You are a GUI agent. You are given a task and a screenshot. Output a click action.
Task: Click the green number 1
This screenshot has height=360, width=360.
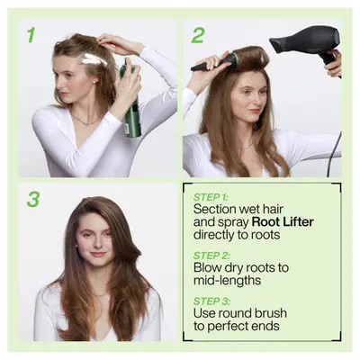(x=31, y=35)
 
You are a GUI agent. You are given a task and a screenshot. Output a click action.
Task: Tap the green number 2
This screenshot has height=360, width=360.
(x=197, y=35)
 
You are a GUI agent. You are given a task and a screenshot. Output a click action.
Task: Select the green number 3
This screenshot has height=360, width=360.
(x=33, y=200)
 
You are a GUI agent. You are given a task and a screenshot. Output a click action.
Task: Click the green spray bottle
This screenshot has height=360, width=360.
(x=131, y=101)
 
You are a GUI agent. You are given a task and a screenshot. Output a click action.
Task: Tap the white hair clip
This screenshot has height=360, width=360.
(x=94, y=59)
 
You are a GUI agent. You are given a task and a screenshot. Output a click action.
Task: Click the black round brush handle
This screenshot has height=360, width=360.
(x=207, y=64)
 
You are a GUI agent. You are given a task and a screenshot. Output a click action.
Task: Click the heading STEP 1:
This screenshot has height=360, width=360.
(x=211, y=197)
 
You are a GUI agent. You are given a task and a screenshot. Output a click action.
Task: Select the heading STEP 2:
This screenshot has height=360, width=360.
(x=211, y=256)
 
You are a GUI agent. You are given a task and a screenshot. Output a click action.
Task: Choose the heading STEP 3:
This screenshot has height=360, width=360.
(x=211, y=301)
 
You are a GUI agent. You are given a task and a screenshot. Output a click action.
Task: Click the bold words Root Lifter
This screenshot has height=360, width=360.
(x=283, y=222)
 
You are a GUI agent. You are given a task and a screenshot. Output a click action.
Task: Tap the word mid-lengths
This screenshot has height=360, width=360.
(x=227, y=281)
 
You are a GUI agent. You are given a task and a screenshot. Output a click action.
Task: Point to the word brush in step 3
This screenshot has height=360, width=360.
(x=271, y=313)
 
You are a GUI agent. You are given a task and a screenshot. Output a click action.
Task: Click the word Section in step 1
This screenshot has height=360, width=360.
(x=214, y=209)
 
